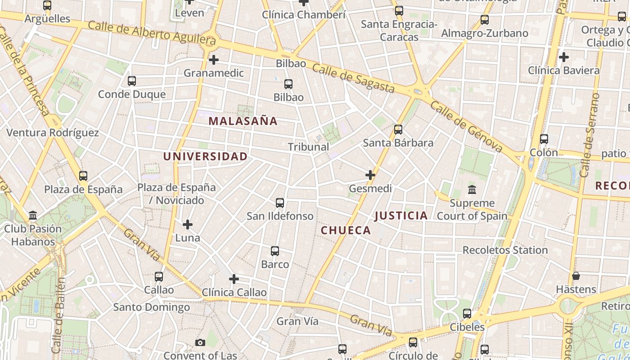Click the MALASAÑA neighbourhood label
pos(243,121)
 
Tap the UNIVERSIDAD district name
pos(205,157)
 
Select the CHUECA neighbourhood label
pos(346,230)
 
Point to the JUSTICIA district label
pos(401,216)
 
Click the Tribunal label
pos(308,147)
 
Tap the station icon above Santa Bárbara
pos(398,130)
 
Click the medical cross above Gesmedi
pos(370,175)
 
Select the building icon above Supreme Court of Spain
pos(472,190)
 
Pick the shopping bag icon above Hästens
pos(576,276)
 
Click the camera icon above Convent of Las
pos(200,343)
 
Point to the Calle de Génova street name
pos(466,126)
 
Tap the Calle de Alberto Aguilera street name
pos(152,32)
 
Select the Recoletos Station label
pos(505,250)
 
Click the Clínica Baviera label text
pos(563,70)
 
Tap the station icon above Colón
pos(544,139)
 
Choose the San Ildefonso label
pos(280,216)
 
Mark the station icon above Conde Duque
pos(132,81)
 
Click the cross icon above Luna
pos(188,224)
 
